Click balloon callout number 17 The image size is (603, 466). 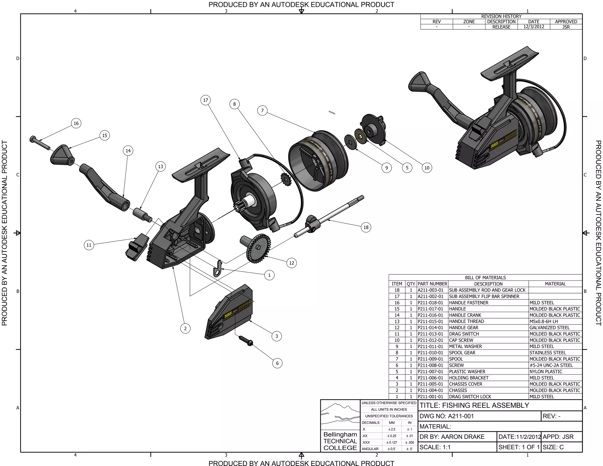coord(206,100)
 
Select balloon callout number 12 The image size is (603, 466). coord(291,263)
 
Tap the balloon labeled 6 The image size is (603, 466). coord(277,363)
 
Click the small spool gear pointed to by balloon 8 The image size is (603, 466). coord(286,179)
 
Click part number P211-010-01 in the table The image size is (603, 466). coord(430,353)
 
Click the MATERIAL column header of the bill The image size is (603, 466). coord(555,284)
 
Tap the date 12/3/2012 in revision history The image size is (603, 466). coord(534,26)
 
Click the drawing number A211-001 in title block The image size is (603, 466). coord(461,416)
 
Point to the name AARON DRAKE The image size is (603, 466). coord(463,437)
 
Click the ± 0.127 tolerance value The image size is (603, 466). coord(392,442)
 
